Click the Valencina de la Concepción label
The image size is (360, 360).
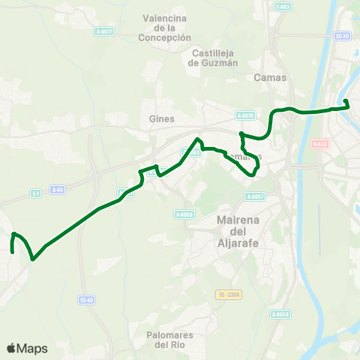tap(166, 28)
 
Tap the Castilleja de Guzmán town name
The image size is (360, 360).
tap(214, 58)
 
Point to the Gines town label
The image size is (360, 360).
tap(161, 118)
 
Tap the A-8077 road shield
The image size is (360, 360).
tap(104, 31)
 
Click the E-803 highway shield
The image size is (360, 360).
tap(282, 7)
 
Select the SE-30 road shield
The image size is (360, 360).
tap(343, 35)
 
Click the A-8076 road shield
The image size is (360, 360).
tap(245, 115)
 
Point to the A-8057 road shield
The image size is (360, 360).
tap(255, 196)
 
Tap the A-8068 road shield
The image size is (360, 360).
tap(184, 214)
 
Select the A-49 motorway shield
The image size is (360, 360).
tap(58, 190)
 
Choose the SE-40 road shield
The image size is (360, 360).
tap(86, 300)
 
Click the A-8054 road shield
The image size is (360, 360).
tap(280, 313)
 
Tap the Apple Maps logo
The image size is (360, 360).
tap(26, 348)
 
